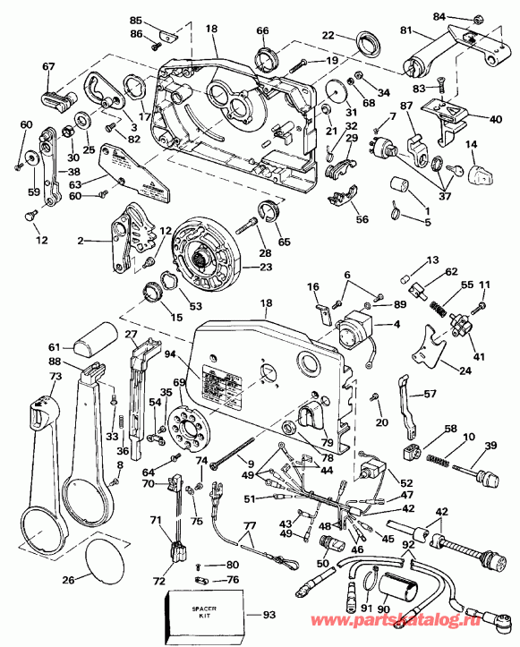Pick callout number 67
click(x=47, y=66)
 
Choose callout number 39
click(x=490, y=446)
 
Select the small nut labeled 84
click(x=476, y=19)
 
